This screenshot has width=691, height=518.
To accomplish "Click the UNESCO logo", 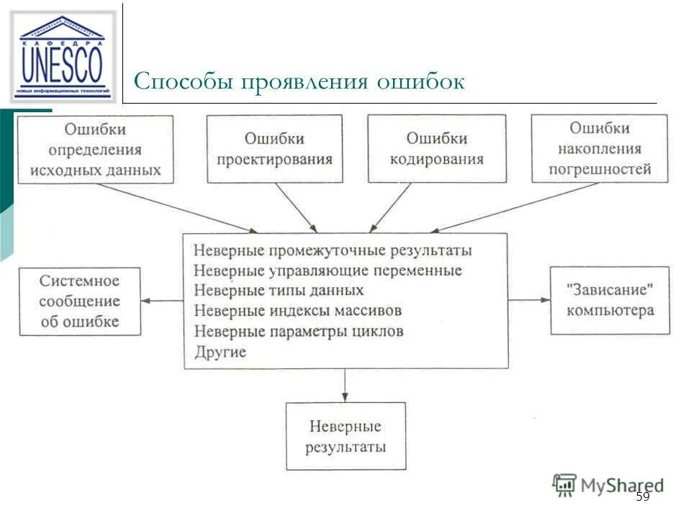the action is (x=63, y=56).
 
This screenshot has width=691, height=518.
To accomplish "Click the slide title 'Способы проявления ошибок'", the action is (x=299, y=81).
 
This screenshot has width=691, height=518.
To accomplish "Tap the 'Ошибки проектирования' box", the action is (x=274, y=150).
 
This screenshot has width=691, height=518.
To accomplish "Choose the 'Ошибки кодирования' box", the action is (x=436, y=149).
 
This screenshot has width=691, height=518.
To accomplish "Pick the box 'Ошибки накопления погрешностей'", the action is (x=600, y=149).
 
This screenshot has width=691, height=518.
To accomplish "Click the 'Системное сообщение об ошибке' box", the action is (x=79, y=301).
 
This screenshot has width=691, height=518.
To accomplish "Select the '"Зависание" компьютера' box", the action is (x=610, y=300).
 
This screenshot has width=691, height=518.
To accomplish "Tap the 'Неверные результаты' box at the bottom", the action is (x=345, y=437).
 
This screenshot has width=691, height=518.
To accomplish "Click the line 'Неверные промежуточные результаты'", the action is (x=333, y=250).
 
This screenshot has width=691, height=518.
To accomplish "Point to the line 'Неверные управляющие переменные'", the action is (x=328, y=271).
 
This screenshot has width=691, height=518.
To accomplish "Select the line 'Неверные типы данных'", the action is (x=279, y=291).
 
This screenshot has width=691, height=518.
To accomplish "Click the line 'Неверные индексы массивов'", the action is (x=297, y=311).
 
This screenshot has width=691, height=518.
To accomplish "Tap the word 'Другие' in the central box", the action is (x=220, y=353).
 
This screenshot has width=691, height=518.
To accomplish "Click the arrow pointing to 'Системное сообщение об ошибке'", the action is (x=162, y=300).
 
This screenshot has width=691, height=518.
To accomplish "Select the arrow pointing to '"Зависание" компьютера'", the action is (x=529, y=299).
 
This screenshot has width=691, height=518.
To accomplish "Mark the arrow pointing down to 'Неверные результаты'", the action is (x=345, y=386).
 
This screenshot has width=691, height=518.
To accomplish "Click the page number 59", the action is (x=643, y=497).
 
